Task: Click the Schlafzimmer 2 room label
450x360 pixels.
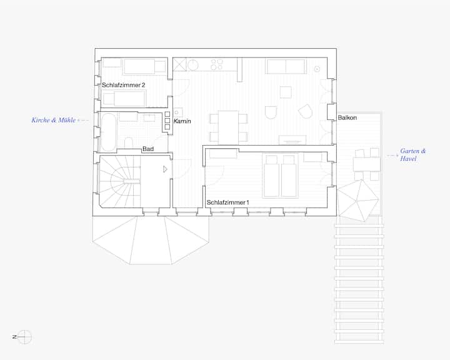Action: coord(123,85)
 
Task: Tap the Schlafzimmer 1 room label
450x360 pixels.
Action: coord(228,202)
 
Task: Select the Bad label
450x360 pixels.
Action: coord(148,149)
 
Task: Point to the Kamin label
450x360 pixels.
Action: coord(182,121)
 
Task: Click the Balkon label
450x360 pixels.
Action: coord(347,117)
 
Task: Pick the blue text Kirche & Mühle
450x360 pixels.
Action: coord(54,120)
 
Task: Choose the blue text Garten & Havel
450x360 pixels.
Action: coord(413,154)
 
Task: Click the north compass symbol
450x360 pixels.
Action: coord(24,337)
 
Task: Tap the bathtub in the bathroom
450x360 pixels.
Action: coord(108,132)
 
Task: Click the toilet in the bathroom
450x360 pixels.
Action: coord(129,142)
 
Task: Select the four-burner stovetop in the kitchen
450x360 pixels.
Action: coord(217,64)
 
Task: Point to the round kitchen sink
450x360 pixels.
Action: coord(193,64)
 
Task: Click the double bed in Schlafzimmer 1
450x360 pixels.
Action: coord(280,176)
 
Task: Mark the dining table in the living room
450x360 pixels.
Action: coord(228,127)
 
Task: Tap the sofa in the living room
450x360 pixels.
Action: coord(286,66)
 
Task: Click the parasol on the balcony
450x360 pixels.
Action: coord(358,201)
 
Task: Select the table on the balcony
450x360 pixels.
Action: coord(367,164)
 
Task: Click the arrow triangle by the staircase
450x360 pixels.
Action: coord(165,169)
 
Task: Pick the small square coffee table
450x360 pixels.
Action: coord(286,92)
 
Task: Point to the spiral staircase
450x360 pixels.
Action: coord(120,181)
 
